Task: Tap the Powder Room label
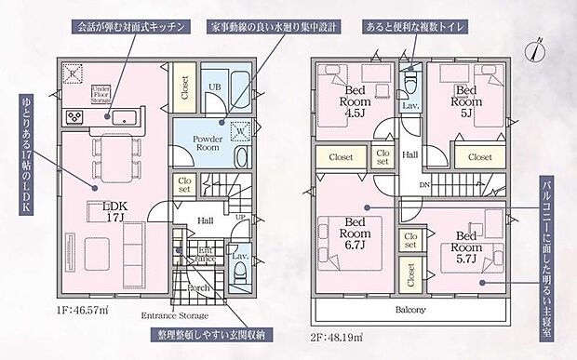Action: [x=206, y=141]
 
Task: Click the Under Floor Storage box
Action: [x=101, y=91]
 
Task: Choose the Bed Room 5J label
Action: [x=466, y=96]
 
